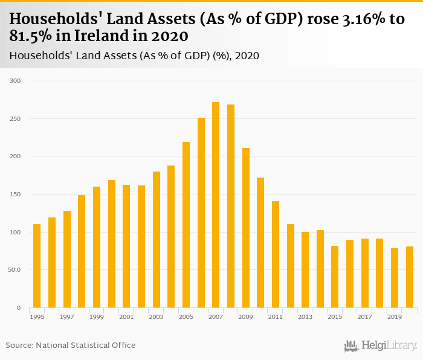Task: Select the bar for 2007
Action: pos(216,205)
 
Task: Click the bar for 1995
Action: pos(37,266)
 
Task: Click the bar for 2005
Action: pos(186,225)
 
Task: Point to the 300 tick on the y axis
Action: pos(16,81)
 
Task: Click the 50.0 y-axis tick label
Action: pos(15,270)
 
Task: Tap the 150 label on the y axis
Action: pos(16,194)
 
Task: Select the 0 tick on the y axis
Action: pos(19,308)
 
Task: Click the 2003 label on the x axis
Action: pos(156,317)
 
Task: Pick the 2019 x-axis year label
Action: pos(394,317)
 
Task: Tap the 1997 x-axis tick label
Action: pos(66,317)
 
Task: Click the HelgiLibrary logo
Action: pos(380,346)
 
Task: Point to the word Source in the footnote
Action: pos(19,345)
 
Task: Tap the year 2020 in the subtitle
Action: pos(247,56)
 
